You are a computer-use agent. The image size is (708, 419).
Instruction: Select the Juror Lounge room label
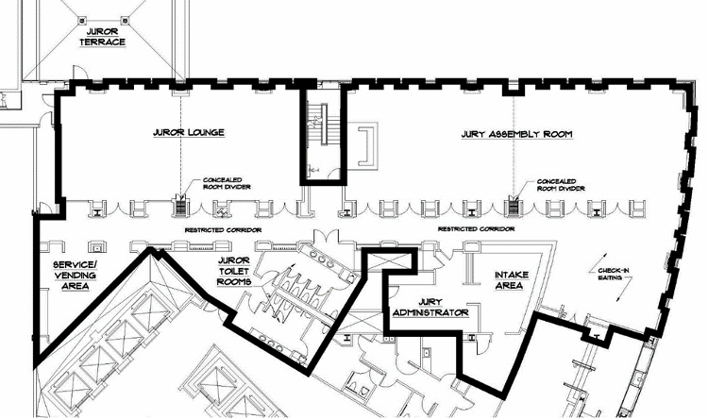coord(188,133)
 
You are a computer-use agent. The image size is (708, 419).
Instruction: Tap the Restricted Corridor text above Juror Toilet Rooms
coord(222,229)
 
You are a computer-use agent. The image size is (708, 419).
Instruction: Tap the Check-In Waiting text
coord(615,276)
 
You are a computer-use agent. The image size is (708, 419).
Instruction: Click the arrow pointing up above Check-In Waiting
coord(595,260)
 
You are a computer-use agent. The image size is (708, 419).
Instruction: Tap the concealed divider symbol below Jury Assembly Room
coord(514,202)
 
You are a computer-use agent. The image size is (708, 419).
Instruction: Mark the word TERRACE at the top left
coord(103,42)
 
